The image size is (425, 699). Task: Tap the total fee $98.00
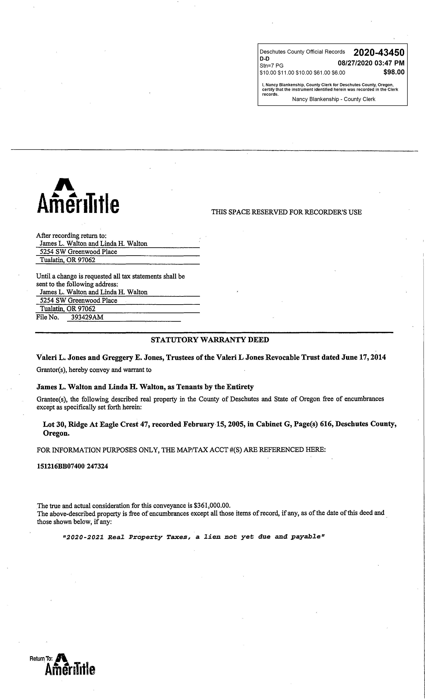(394, 72)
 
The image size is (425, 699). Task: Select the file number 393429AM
(87, 317)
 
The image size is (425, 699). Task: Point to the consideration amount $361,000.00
(212, 506)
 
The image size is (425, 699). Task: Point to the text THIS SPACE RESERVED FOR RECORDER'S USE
(286, 212)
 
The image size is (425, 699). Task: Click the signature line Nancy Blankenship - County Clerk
(333, 99)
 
